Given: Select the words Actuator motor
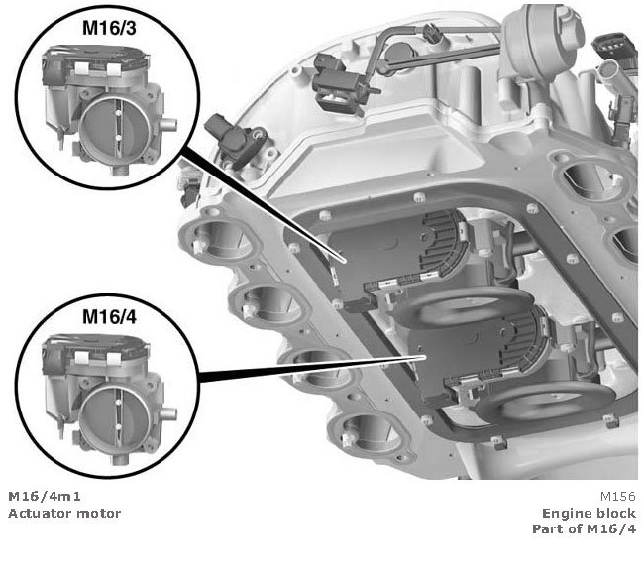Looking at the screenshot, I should [64, 513].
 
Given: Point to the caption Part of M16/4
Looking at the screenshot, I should [584, 528].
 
